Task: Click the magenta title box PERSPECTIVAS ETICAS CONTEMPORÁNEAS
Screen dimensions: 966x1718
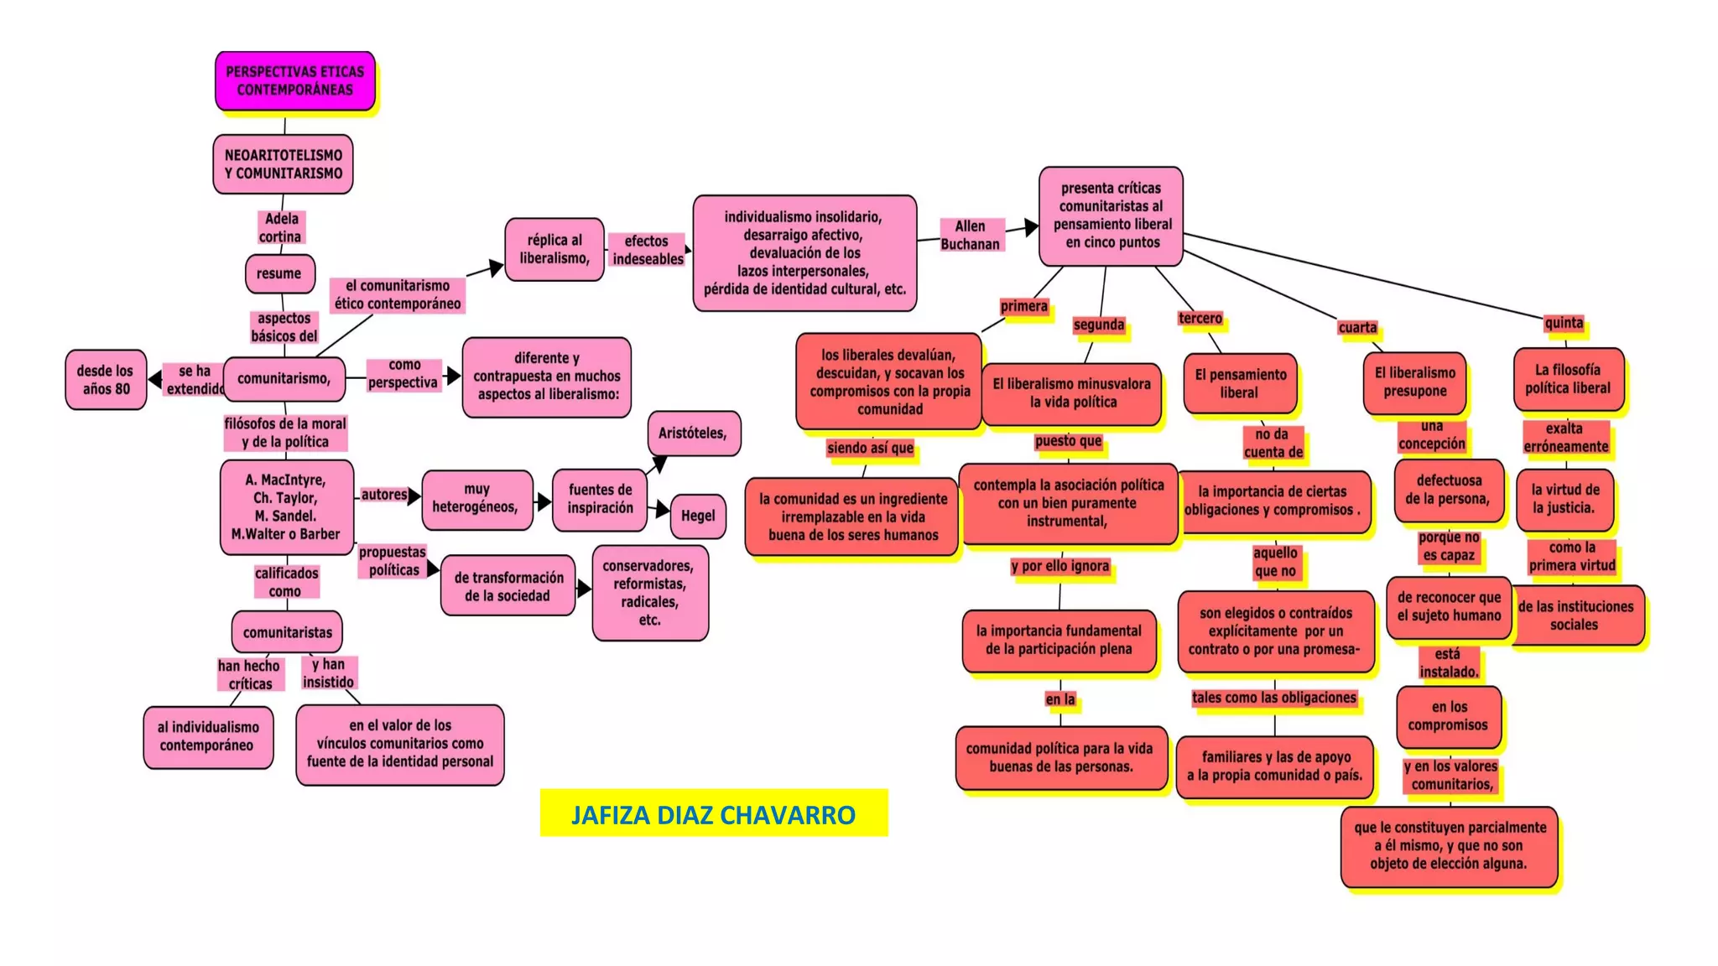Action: pos(294,80)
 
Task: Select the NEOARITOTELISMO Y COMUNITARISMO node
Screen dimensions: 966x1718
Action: pos(283,164)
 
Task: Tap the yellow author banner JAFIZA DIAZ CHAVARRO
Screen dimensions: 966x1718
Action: pos(713,813)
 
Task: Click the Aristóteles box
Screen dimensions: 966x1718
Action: pos(693,434)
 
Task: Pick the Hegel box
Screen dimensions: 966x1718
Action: pos(697,516)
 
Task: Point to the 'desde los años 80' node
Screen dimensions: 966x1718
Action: pos(106,380)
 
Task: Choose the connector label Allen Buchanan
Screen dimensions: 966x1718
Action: pos(970,235)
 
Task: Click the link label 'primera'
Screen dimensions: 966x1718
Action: pos(1023,306)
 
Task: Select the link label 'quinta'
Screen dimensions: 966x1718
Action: pos(1564,323)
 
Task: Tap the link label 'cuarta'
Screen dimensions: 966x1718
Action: pos(1357,327)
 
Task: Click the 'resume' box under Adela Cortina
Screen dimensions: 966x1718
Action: pos(279,273)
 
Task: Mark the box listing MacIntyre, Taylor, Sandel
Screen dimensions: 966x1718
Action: pos(286,506)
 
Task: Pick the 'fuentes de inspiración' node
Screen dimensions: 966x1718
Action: pos(600,499)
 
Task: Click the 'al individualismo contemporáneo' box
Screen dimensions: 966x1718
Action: pos(208,736)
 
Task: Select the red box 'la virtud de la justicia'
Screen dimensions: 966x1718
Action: pos(1564,499)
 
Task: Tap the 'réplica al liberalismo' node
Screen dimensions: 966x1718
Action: pos(554,249)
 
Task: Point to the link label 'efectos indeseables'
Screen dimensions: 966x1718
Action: pos(647,250)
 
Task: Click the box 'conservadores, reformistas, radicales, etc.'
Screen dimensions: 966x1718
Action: pos(649,593)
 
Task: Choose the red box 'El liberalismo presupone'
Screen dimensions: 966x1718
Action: pos(1414,382)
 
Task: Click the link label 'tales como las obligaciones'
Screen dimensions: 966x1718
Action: pos(1273,698)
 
